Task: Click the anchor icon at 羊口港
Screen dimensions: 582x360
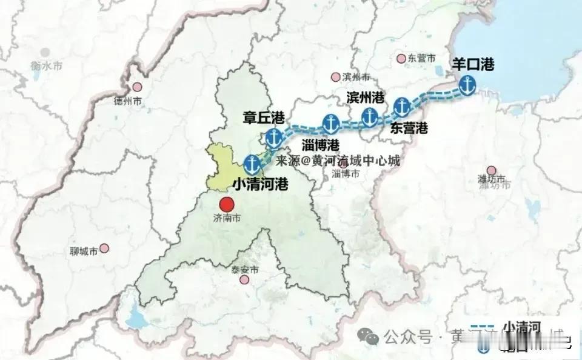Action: click(x=467, y=86)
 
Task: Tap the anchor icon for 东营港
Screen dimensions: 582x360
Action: click(x=401, y=107)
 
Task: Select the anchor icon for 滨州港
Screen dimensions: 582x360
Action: click(x=369, y=116)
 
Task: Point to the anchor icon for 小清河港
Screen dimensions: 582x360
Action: click(x=252, y=164)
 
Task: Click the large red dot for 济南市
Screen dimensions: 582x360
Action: click(x=227, y=205)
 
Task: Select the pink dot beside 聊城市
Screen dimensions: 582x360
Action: click(x=104, y=248)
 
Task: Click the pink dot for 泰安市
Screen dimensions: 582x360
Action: click(x=244, y=279)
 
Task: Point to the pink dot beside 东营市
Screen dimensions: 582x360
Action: click(x=401, y=58)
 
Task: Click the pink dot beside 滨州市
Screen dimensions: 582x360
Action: click(x=335, y=77)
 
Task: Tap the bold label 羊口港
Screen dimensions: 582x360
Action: click(x=473, y=65)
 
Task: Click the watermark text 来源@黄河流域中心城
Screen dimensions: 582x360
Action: click(x=338, y=161)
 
